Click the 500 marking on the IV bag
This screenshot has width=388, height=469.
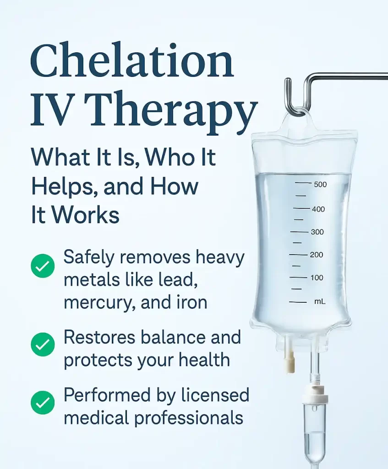pos(319,185)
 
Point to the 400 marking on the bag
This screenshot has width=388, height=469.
pos(318,209)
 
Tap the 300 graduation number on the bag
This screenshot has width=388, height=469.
pos(317,232)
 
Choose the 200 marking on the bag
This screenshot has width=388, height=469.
pos(316,255)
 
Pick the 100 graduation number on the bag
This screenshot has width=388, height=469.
pos(316,278)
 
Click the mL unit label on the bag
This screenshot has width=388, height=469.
pos(319,302)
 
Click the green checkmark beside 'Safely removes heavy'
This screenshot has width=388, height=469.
pos(43,266)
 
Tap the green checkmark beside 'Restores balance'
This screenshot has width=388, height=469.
pos(43,345)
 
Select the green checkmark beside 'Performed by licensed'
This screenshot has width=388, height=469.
pos(43,403)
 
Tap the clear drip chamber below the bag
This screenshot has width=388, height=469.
pos(314,431)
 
